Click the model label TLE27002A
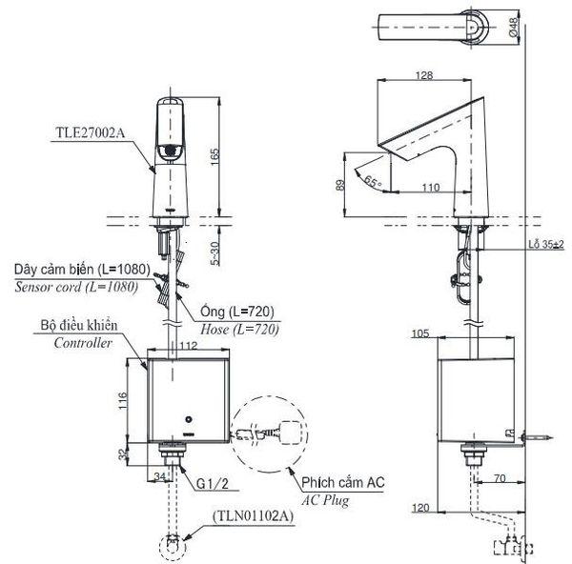(x=90, y=132)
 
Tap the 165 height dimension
(x=214, y=156)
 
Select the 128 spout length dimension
(x=424, y=75)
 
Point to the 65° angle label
(x=372, y=181)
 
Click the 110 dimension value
(x=431, y=188)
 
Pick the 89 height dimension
(x=339, y=185)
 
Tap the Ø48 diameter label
(x=513, y=27)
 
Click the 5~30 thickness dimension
(x=215, y=253)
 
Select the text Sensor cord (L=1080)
(x=76, y=287)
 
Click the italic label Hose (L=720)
(x=239, y=330)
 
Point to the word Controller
(x=83, y=343)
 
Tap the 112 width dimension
(x=189, y=345)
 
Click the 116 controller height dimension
(x=123, y=400)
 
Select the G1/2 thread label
(x=213, y=483)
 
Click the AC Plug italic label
(x=325, y=500)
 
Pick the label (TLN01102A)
(x=253, y=516)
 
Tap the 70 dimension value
(x=500, y=478)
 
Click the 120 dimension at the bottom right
(x=420, y=508)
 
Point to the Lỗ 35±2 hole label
(x=546, y=244)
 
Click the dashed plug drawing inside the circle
(x=269, y=433)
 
